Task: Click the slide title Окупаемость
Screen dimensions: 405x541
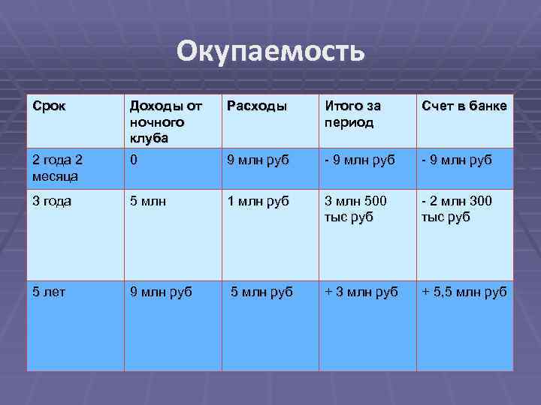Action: [x=270, y=52]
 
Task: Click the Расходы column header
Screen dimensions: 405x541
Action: [x=256, y=106]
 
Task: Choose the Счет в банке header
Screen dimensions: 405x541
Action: [x=464, y=106]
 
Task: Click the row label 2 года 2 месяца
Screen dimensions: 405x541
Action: [x=58, y=166]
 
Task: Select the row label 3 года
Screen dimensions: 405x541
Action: [x=49, y=201]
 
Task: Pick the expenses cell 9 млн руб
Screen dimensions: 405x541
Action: [x=258, y=160]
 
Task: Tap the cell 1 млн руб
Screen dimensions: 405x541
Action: [x=258, y=201]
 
